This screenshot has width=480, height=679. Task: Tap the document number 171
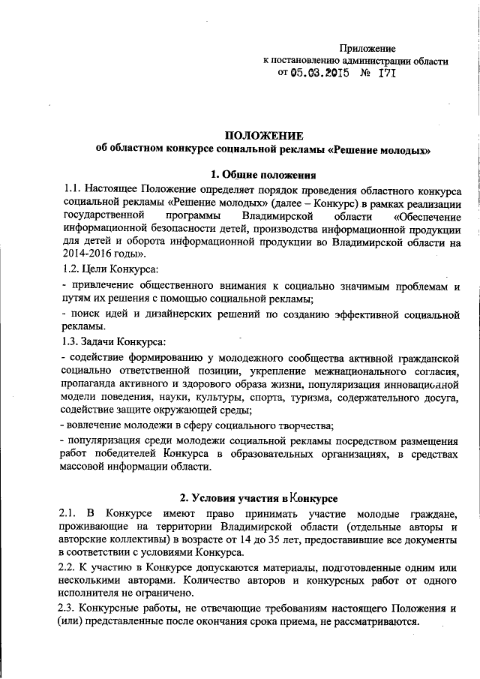385,74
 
